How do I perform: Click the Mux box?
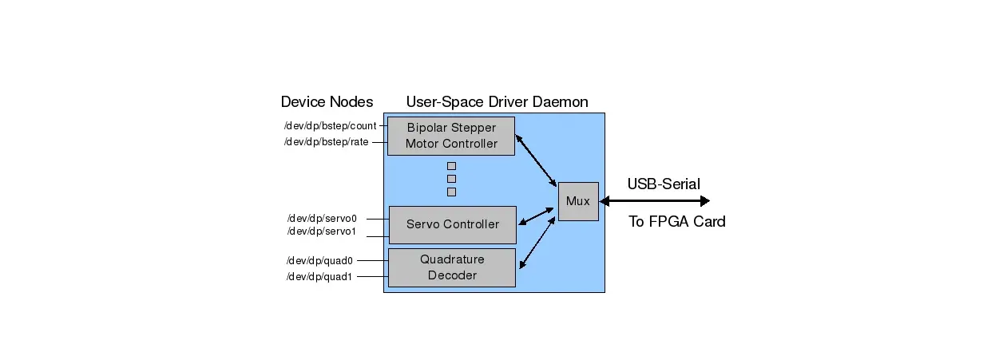[577, 201]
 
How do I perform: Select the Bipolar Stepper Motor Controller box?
[450, 136]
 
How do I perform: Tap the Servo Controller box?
[452, 224]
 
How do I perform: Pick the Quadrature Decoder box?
[451, 267]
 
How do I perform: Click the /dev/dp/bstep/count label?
[331, 126]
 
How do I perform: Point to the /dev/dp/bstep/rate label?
[326, 142]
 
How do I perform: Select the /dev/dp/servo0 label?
[321, 217]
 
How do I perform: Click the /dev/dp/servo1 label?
[321, 231]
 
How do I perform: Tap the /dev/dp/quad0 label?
[319, 260]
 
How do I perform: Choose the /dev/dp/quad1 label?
[319, 277]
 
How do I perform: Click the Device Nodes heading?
[327, 102]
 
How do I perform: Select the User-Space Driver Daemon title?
[497, 102]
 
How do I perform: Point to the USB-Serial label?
[664, 184]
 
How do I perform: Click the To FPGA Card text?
[677, 222]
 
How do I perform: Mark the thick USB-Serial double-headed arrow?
[654, 201]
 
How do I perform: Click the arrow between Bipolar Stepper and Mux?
[536, 160]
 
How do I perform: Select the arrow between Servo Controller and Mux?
[536, 216]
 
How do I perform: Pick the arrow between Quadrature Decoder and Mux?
[536, 243]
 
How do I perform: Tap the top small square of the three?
[451, 166]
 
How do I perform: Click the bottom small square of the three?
[451, 192]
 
